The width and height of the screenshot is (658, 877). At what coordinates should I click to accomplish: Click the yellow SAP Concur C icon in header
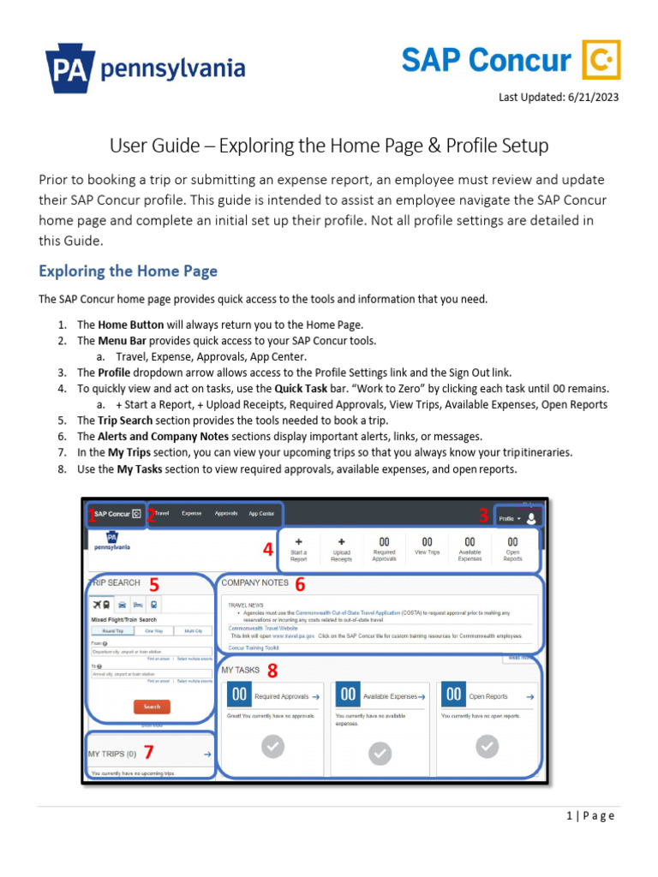[x=601, y=60]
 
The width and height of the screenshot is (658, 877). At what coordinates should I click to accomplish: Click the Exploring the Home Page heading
[x=128, y=271]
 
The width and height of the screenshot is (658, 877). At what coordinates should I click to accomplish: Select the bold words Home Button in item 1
[x=128, y=325]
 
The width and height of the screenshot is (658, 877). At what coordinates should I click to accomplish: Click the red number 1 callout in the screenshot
[x=92, y=514]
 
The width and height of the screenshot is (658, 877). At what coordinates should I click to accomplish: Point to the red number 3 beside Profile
[x=483, y=516]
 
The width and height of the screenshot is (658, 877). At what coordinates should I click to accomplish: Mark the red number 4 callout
[x=268, y=550]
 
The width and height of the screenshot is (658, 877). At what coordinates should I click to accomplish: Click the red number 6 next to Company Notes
[x=300, y=584]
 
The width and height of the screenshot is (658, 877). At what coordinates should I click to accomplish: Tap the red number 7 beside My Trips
[x=148, y=753]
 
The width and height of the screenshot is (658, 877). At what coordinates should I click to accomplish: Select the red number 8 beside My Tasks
[x=272, y=670]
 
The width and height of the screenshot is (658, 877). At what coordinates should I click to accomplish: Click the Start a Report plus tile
[x=298, y=548]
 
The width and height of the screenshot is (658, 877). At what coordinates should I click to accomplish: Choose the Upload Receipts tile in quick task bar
[x=341, y=548]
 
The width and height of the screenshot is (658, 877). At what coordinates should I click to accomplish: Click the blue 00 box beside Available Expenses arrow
[x=348, y=695]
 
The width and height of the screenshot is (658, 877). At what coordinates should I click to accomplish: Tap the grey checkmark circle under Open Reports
[x=487, y=747]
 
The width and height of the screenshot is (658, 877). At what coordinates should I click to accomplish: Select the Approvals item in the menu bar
[x=226, y=514]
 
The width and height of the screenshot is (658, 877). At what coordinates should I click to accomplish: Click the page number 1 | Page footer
[x=590, y=815]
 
